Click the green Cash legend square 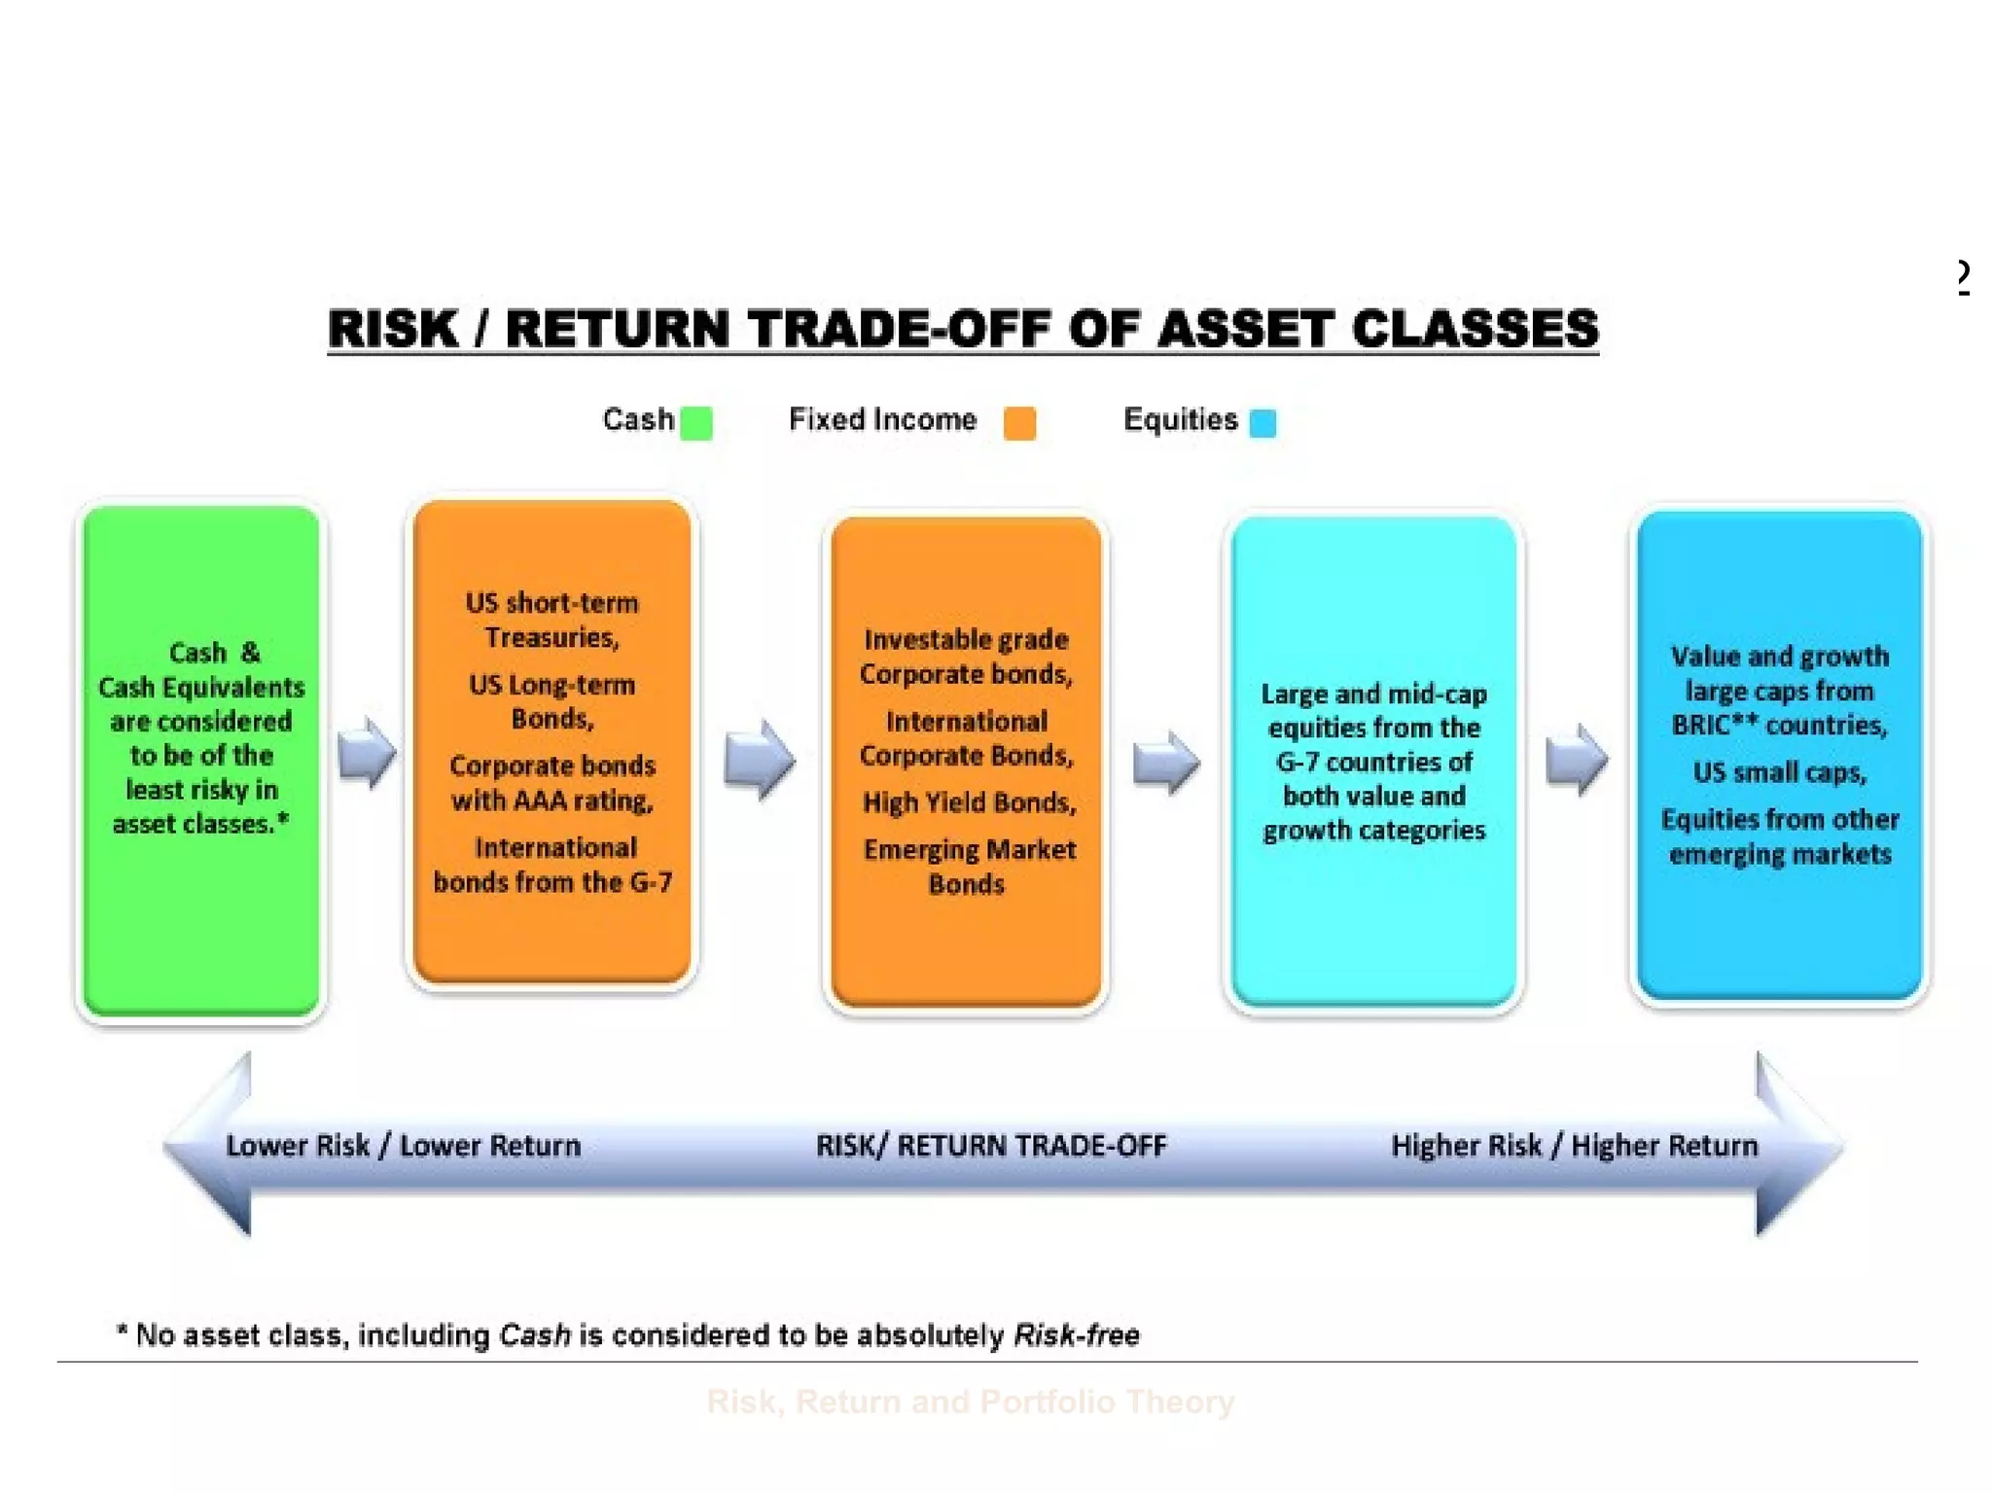click(x=696, y=423)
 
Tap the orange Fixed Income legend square click(x=1019, y=423)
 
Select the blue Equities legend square click(x=1263, y=423)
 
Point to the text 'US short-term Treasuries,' click(x=552, y=620)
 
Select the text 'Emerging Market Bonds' click(x=969, y=866)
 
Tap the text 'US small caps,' click(x=1780, y=772)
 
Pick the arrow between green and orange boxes click(x=367, y=751)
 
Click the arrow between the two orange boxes click(x=759, y=759)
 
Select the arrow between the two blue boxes click(x=1576, y=759)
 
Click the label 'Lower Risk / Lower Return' click(x=403, y=1146)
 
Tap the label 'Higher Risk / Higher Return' click(x=1574, y=1146)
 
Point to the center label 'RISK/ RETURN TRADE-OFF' click(x=990, y=1146)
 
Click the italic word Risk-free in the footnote click(x=1076, y=1334)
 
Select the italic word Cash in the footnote click(x=534, y=1334)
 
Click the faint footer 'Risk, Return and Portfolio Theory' click(x=970, y=1402)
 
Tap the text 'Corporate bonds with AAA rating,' click(x=552, y=783)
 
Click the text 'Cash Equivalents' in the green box click(x=201, y=688)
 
